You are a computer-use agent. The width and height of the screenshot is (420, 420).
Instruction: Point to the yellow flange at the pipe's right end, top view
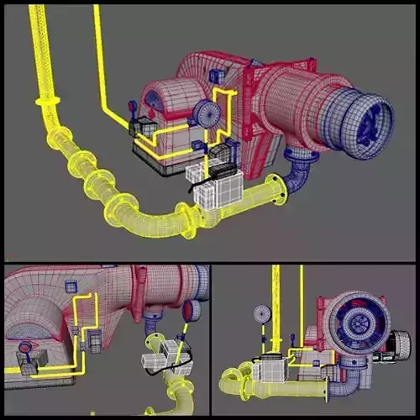click(278, 191)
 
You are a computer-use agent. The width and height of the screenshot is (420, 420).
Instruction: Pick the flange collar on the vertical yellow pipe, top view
click(48, 102)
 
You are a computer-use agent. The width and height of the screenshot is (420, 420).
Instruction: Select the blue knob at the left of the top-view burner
click(133, 108)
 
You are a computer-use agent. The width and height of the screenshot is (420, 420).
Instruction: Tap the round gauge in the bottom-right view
click(262, 315)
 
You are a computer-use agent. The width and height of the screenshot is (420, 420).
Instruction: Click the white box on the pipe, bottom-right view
click(272, 369)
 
